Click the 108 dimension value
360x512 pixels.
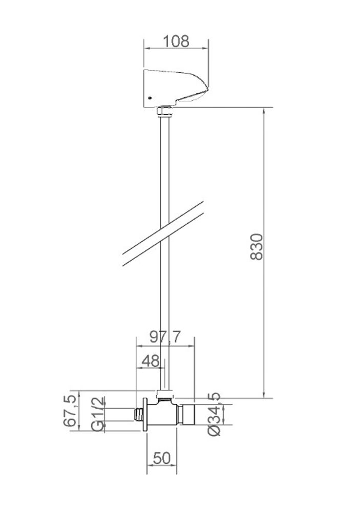point(176,41)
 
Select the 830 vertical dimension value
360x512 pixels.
point(257,247)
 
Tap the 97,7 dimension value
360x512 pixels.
point(165,337)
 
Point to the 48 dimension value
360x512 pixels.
point(151,361)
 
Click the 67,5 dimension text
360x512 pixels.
point(70,411)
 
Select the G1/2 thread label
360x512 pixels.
point(98,414)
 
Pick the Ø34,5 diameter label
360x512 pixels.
point(214,414)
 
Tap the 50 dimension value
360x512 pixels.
point(162,458)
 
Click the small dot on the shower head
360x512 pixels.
point(150,98)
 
